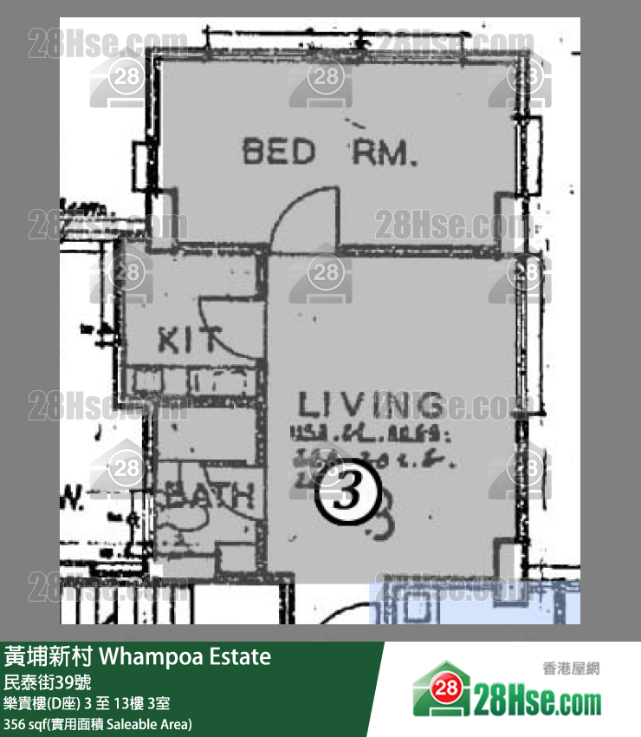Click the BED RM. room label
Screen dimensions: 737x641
(330, 153)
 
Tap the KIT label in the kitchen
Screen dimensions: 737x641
(190, 339)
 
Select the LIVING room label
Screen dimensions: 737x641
(371, 405)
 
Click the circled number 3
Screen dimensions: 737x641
(346, 495)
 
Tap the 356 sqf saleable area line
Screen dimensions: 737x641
(98, 724)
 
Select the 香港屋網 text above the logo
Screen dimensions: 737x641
(571, 669)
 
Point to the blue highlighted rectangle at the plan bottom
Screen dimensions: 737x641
(474, 603)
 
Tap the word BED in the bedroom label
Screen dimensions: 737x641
(278, 153)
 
